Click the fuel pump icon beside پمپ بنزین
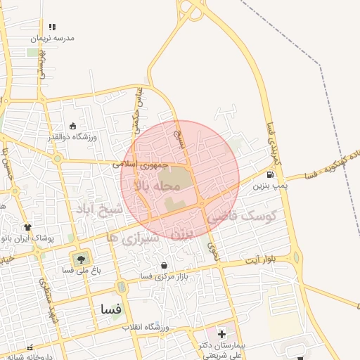point(271,175)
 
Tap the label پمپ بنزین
point(271,185)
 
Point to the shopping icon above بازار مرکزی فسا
point(164,266)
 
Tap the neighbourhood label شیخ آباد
point(98,210)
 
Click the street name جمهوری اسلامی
point(141,164)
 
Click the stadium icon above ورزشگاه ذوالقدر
point(72,126)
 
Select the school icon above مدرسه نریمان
point(53,27)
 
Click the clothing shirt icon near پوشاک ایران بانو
point(28,227)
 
